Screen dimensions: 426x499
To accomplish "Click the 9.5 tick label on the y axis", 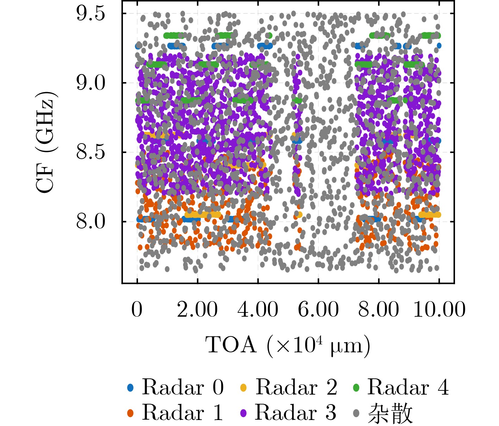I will [x=91, y=14].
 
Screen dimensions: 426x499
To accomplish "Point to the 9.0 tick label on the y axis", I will [x=91, y=83].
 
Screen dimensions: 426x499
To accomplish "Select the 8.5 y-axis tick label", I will [x=91, y=152].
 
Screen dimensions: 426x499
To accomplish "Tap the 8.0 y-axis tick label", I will [x=91, y=222].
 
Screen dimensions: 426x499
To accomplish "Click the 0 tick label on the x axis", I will [x=137, y=310].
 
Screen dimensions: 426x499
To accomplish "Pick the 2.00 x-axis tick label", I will [x=197, y=310].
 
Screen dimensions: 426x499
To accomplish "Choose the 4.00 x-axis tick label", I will [x=258, y=310].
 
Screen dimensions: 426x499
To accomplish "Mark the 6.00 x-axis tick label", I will [x=318, y=310].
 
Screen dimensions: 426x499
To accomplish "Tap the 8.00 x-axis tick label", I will [x=379, y=310].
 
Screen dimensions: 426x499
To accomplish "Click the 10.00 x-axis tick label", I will [x=439, y=310].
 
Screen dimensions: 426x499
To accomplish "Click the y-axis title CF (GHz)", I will [x=46, y=142].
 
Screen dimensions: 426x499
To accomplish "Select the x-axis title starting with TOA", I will [x=288, y=345].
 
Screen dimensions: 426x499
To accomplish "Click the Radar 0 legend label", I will [x=183, y=387].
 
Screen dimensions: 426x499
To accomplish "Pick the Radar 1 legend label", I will [x=183, y=413].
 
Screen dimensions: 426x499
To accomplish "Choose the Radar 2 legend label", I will [x=296, y=387].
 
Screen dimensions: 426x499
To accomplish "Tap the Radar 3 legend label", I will [x=295, y=413].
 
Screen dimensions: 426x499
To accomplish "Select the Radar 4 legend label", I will [x=408, y=387].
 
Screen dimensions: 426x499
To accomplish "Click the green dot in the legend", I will [x=356, y=388].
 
